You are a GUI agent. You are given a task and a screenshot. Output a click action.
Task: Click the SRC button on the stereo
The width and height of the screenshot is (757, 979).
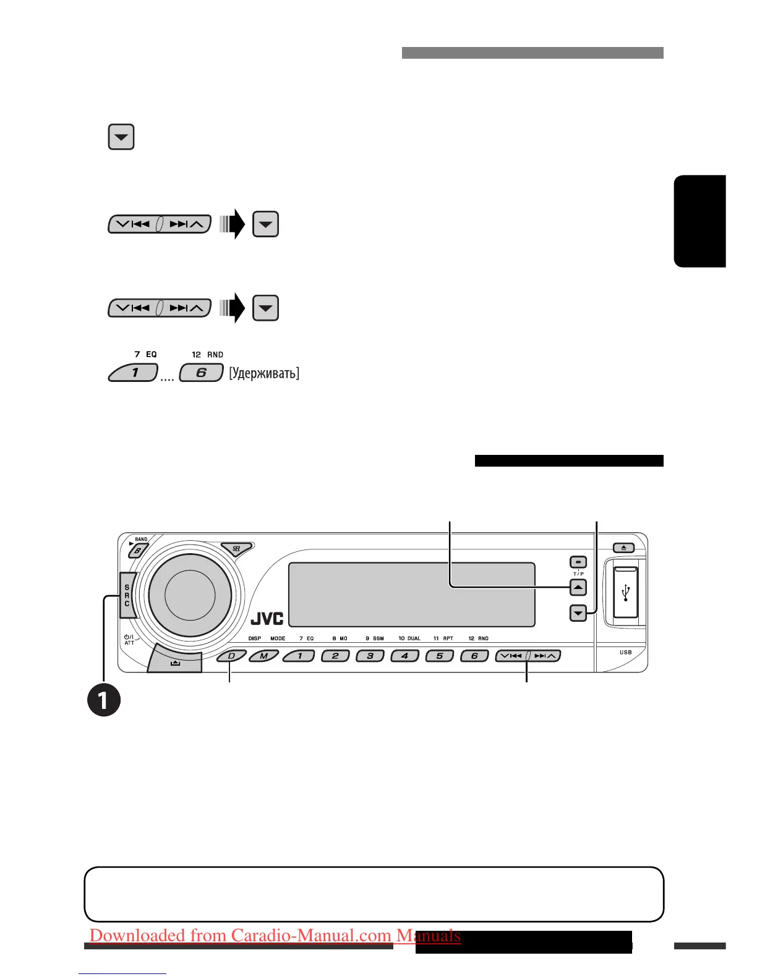127,595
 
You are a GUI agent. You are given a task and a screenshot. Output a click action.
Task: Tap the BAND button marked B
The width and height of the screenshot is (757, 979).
138,550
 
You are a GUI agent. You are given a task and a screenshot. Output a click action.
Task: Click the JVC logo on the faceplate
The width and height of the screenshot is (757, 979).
267,618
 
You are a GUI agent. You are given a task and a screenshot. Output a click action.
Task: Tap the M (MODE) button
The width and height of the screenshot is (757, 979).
264,656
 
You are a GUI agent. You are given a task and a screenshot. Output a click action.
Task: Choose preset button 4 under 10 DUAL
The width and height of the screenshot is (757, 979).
405,656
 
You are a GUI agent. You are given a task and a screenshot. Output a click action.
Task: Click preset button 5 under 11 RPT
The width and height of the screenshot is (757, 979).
440,656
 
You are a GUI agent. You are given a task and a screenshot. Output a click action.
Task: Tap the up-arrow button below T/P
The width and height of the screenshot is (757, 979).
578,587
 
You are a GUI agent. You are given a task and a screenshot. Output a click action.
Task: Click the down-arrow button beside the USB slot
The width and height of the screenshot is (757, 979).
578,614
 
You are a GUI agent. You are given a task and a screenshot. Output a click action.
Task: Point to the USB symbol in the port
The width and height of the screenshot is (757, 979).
626,592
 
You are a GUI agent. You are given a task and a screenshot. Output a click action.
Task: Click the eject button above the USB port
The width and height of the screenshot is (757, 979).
623,548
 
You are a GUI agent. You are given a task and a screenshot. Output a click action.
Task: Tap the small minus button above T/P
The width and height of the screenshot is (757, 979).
578,562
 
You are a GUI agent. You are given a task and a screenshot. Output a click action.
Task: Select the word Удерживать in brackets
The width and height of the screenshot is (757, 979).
264,373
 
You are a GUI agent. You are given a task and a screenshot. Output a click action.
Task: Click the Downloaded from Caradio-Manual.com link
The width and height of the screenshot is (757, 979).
275,936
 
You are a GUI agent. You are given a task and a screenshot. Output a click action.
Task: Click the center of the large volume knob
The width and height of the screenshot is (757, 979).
190,595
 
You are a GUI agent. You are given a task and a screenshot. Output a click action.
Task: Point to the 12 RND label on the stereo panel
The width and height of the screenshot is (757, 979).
478,638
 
